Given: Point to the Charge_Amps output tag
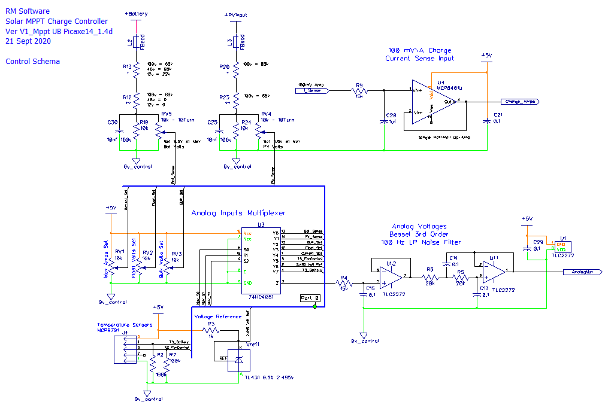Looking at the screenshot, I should [519, 102].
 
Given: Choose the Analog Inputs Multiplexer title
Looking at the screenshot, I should [238, 213].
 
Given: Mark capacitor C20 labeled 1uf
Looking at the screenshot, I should [385, 121].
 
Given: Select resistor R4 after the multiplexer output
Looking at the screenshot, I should [344, 282].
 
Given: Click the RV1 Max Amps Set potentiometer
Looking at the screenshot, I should [111, 260].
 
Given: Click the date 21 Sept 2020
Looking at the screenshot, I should [28, 41].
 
